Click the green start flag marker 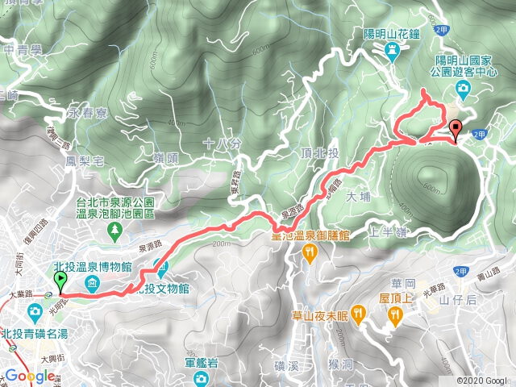tap(60, 281)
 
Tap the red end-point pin tap(455, 129)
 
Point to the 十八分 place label tap(223, 144)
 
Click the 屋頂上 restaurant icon tap(394, 317)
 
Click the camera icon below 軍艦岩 tap(202, 377)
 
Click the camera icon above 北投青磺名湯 tap(35, 311)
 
